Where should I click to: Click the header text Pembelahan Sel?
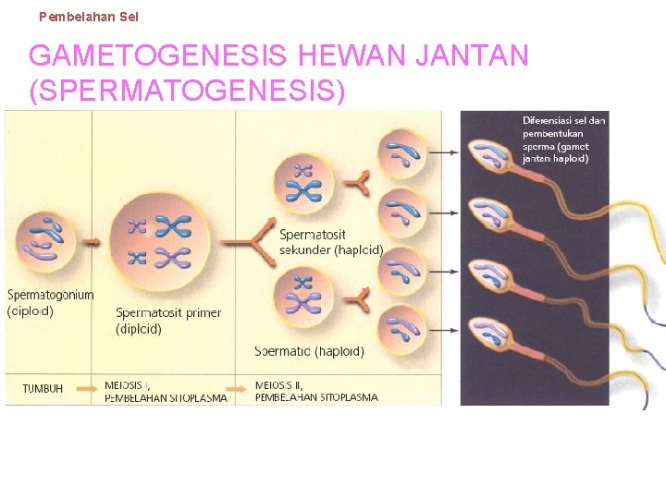89,17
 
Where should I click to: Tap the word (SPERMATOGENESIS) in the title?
188,91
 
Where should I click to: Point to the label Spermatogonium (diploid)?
51,303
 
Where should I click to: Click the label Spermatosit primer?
168,313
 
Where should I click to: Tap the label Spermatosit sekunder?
330,242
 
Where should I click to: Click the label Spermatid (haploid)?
309,351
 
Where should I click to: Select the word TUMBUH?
43,389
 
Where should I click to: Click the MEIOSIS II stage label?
281,384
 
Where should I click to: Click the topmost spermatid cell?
403,153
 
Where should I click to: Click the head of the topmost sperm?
487,155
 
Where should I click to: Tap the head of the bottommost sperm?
487,333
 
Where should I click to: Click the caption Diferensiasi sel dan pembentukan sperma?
564,139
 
